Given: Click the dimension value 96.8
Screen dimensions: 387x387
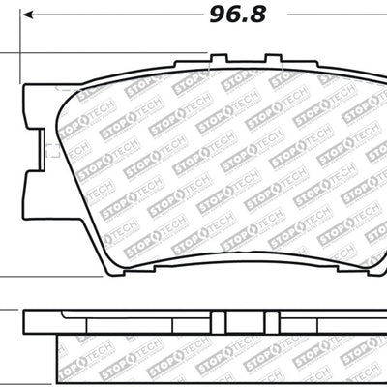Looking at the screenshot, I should coord(232,15).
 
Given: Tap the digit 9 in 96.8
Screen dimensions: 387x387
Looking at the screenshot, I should coord(215,15).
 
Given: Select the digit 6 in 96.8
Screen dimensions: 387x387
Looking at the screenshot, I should coord(229,15).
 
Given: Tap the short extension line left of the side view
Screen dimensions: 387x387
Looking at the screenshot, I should coord(10,312).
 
